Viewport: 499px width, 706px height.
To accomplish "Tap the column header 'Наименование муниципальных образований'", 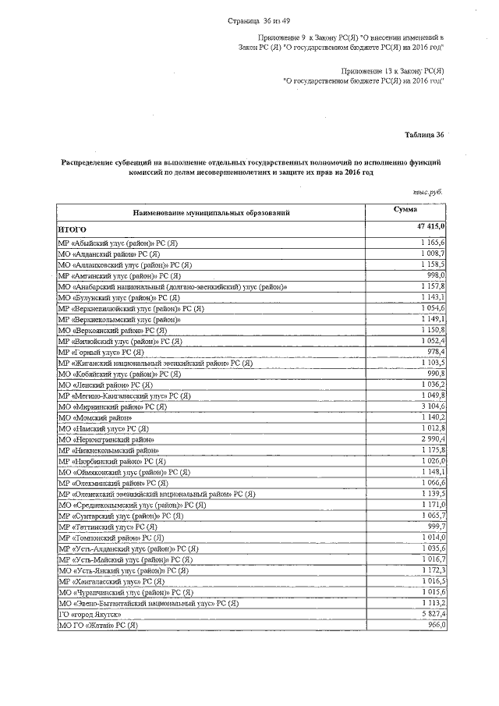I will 211,211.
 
